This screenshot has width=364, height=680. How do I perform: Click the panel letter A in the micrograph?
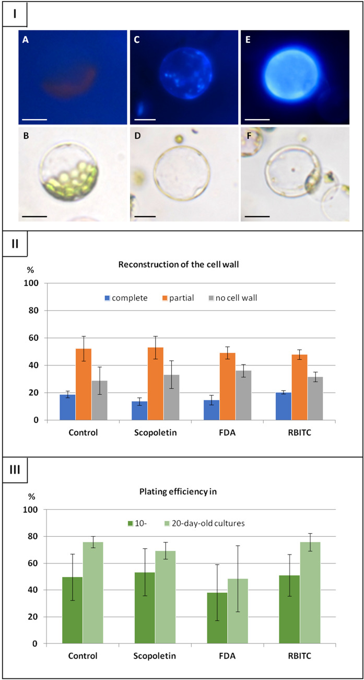coord(25,39)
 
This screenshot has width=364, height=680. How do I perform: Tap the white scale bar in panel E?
coord(257,119)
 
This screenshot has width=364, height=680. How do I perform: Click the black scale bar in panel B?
coord(34,215)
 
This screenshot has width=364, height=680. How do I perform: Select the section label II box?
coord(14,244)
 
